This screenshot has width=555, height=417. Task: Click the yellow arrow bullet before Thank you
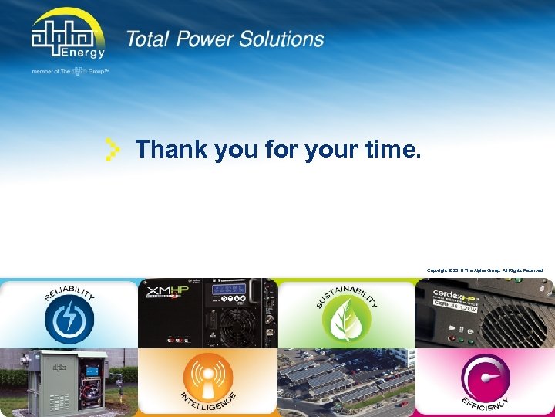113,149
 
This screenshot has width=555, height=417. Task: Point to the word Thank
172,149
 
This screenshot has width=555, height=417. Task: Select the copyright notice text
485,270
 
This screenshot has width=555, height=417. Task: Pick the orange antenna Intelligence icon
208,378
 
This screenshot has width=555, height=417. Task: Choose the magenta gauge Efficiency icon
485,378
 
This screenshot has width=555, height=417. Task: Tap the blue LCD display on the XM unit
230,289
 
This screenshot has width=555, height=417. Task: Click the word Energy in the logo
85,53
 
